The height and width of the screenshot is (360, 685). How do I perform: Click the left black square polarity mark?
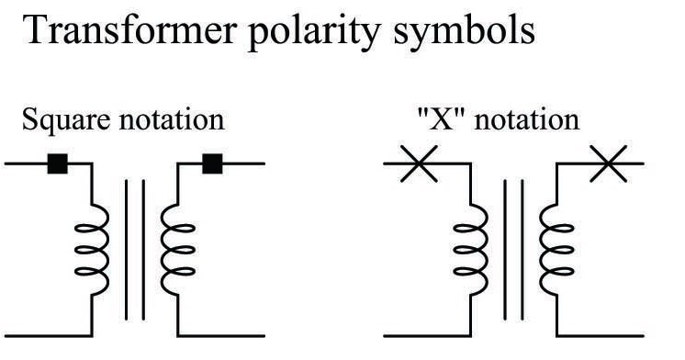pos(58,164)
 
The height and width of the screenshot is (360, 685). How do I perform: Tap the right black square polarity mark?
pos(213,164)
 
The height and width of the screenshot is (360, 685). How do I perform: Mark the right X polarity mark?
pos(610,166)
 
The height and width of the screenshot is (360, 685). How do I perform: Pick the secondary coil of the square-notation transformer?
pos(172,246)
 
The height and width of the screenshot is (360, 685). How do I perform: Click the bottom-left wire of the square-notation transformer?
pos(46,334)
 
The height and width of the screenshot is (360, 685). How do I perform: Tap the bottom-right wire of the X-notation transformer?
pos(601,335)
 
